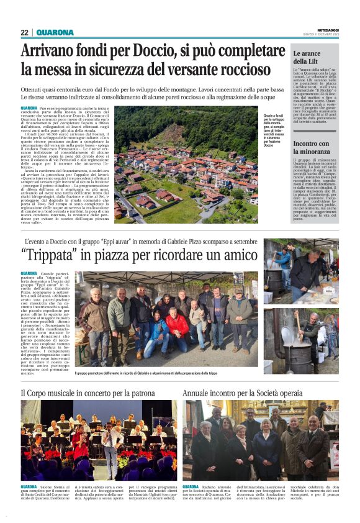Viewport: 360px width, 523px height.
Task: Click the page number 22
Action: [24, 32]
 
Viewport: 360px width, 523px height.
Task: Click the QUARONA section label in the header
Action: [55, 32]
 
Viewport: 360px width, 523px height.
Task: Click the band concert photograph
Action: [95, 440]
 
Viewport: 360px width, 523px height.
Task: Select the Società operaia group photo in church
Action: [261, 440]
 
